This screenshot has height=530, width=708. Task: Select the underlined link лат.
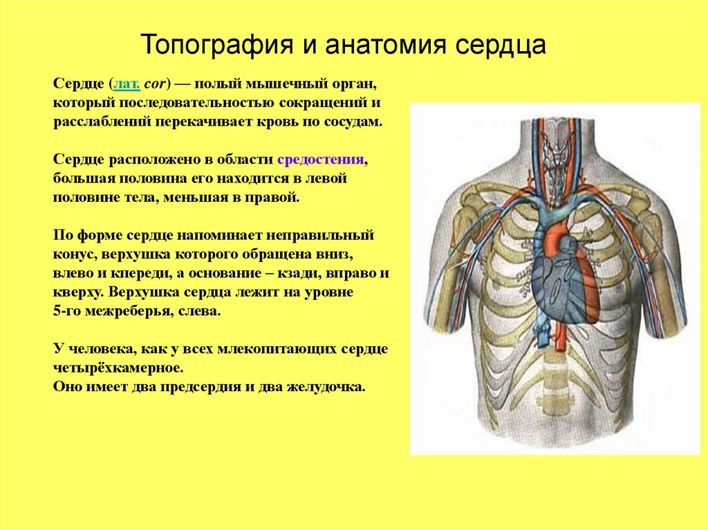pyautogui.click(x=128, y=84)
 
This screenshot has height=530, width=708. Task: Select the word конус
pyautogui.click(x=72, y=254)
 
